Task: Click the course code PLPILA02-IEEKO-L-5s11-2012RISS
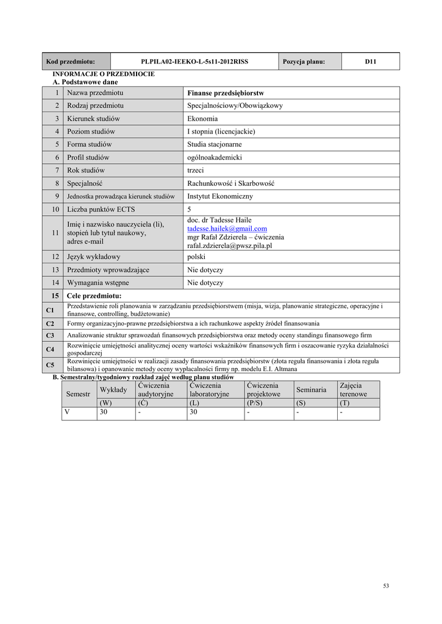click(x=194, y=62)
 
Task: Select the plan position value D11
click(x=370, y=62)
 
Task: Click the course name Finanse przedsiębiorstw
click(x=225, y=93)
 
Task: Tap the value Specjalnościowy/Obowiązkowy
click(x=235, y=105)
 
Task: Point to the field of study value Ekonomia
click(x=202, y=119)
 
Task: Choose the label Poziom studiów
click(x=91, y=132)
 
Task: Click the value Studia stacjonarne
click(x=214, y=144)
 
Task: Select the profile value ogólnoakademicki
click(x=215, y=157)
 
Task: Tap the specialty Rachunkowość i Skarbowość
click(x=231, y=183)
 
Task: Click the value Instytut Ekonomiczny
click(x=219, y=196)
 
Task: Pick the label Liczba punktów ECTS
click(x=101, y=210)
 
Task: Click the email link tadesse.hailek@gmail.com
click(x=227, y=229)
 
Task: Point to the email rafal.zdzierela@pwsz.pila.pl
click(x=229, y=246)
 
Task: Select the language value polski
click(x=197, y=257)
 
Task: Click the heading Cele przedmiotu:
click(x=94, y=296)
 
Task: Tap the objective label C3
click(x=50, y=335)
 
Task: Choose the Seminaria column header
click(x=311, y=389)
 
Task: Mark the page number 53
click(x=386, y=586)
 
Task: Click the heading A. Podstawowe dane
click(x=85, y=82)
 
